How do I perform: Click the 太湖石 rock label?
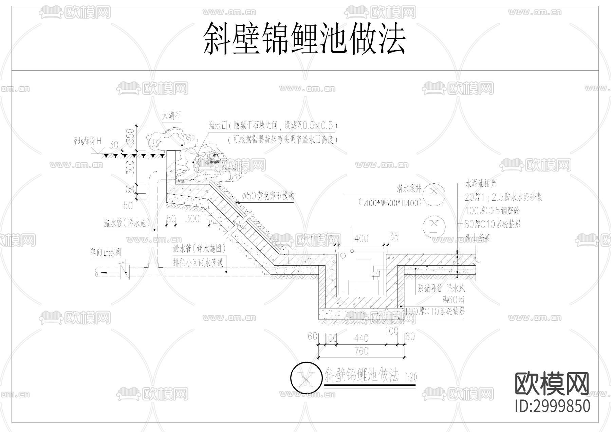(x=171, y=116)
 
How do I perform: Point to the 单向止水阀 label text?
(x=105, y=252)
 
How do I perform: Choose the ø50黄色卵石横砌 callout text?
(x=268, y=196)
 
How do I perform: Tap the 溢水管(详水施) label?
(x=126, y=223)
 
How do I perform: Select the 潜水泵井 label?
(x=409, y=188)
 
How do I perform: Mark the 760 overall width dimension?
(x=361, y=351)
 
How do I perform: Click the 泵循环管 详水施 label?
(x=441, y=288)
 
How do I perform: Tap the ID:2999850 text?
(x=552, y=406)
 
